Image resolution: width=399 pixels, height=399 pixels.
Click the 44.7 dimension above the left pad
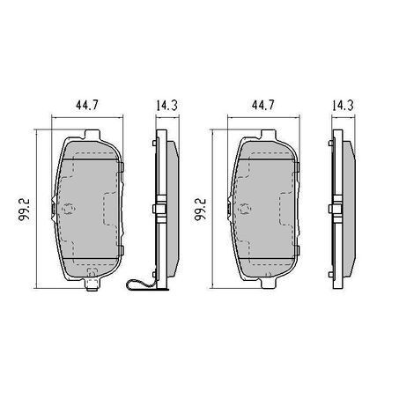coord(87,105)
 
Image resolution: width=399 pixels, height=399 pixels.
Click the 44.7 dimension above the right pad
coord(262,105)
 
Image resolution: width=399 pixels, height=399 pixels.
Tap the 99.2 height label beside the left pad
coord(25,210)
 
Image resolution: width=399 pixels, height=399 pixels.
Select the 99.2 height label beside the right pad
coord(201,210)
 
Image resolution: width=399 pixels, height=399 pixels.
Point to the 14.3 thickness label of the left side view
coord(166,106)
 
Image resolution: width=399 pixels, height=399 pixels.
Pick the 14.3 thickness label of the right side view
coord(343,106)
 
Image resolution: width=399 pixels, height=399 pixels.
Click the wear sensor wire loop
coord(140,284)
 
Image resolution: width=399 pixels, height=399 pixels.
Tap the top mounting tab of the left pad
coord(92,135)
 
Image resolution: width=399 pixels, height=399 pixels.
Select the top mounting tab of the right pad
coord(269,135)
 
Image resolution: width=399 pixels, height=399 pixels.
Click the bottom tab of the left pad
coord(92,284)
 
